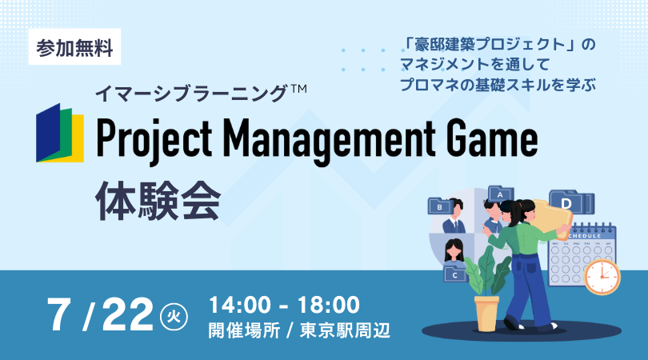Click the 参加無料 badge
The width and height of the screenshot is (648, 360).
tap(74, 46)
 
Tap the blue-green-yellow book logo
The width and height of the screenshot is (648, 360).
tap(60, 133)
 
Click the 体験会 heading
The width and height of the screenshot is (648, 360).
tap(158, 202)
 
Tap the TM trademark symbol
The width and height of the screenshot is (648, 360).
tap(298, 89)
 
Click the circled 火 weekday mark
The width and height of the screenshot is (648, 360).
tap(174, 317)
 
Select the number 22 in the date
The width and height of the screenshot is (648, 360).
tap(128, 315)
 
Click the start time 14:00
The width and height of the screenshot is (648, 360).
tap(240, 305)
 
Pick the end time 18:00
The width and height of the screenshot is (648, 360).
tap(329, 305)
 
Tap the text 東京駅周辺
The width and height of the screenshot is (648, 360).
tap(345, 330)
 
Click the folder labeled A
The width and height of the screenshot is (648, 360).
tap(501, 194)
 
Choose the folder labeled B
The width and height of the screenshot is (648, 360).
tap(440, 206)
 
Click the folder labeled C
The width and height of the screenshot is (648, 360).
tap(455, 274)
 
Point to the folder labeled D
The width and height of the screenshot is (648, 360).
tap(571, 202)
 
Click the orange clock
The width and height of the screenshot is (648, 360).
tap(602, 277)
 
